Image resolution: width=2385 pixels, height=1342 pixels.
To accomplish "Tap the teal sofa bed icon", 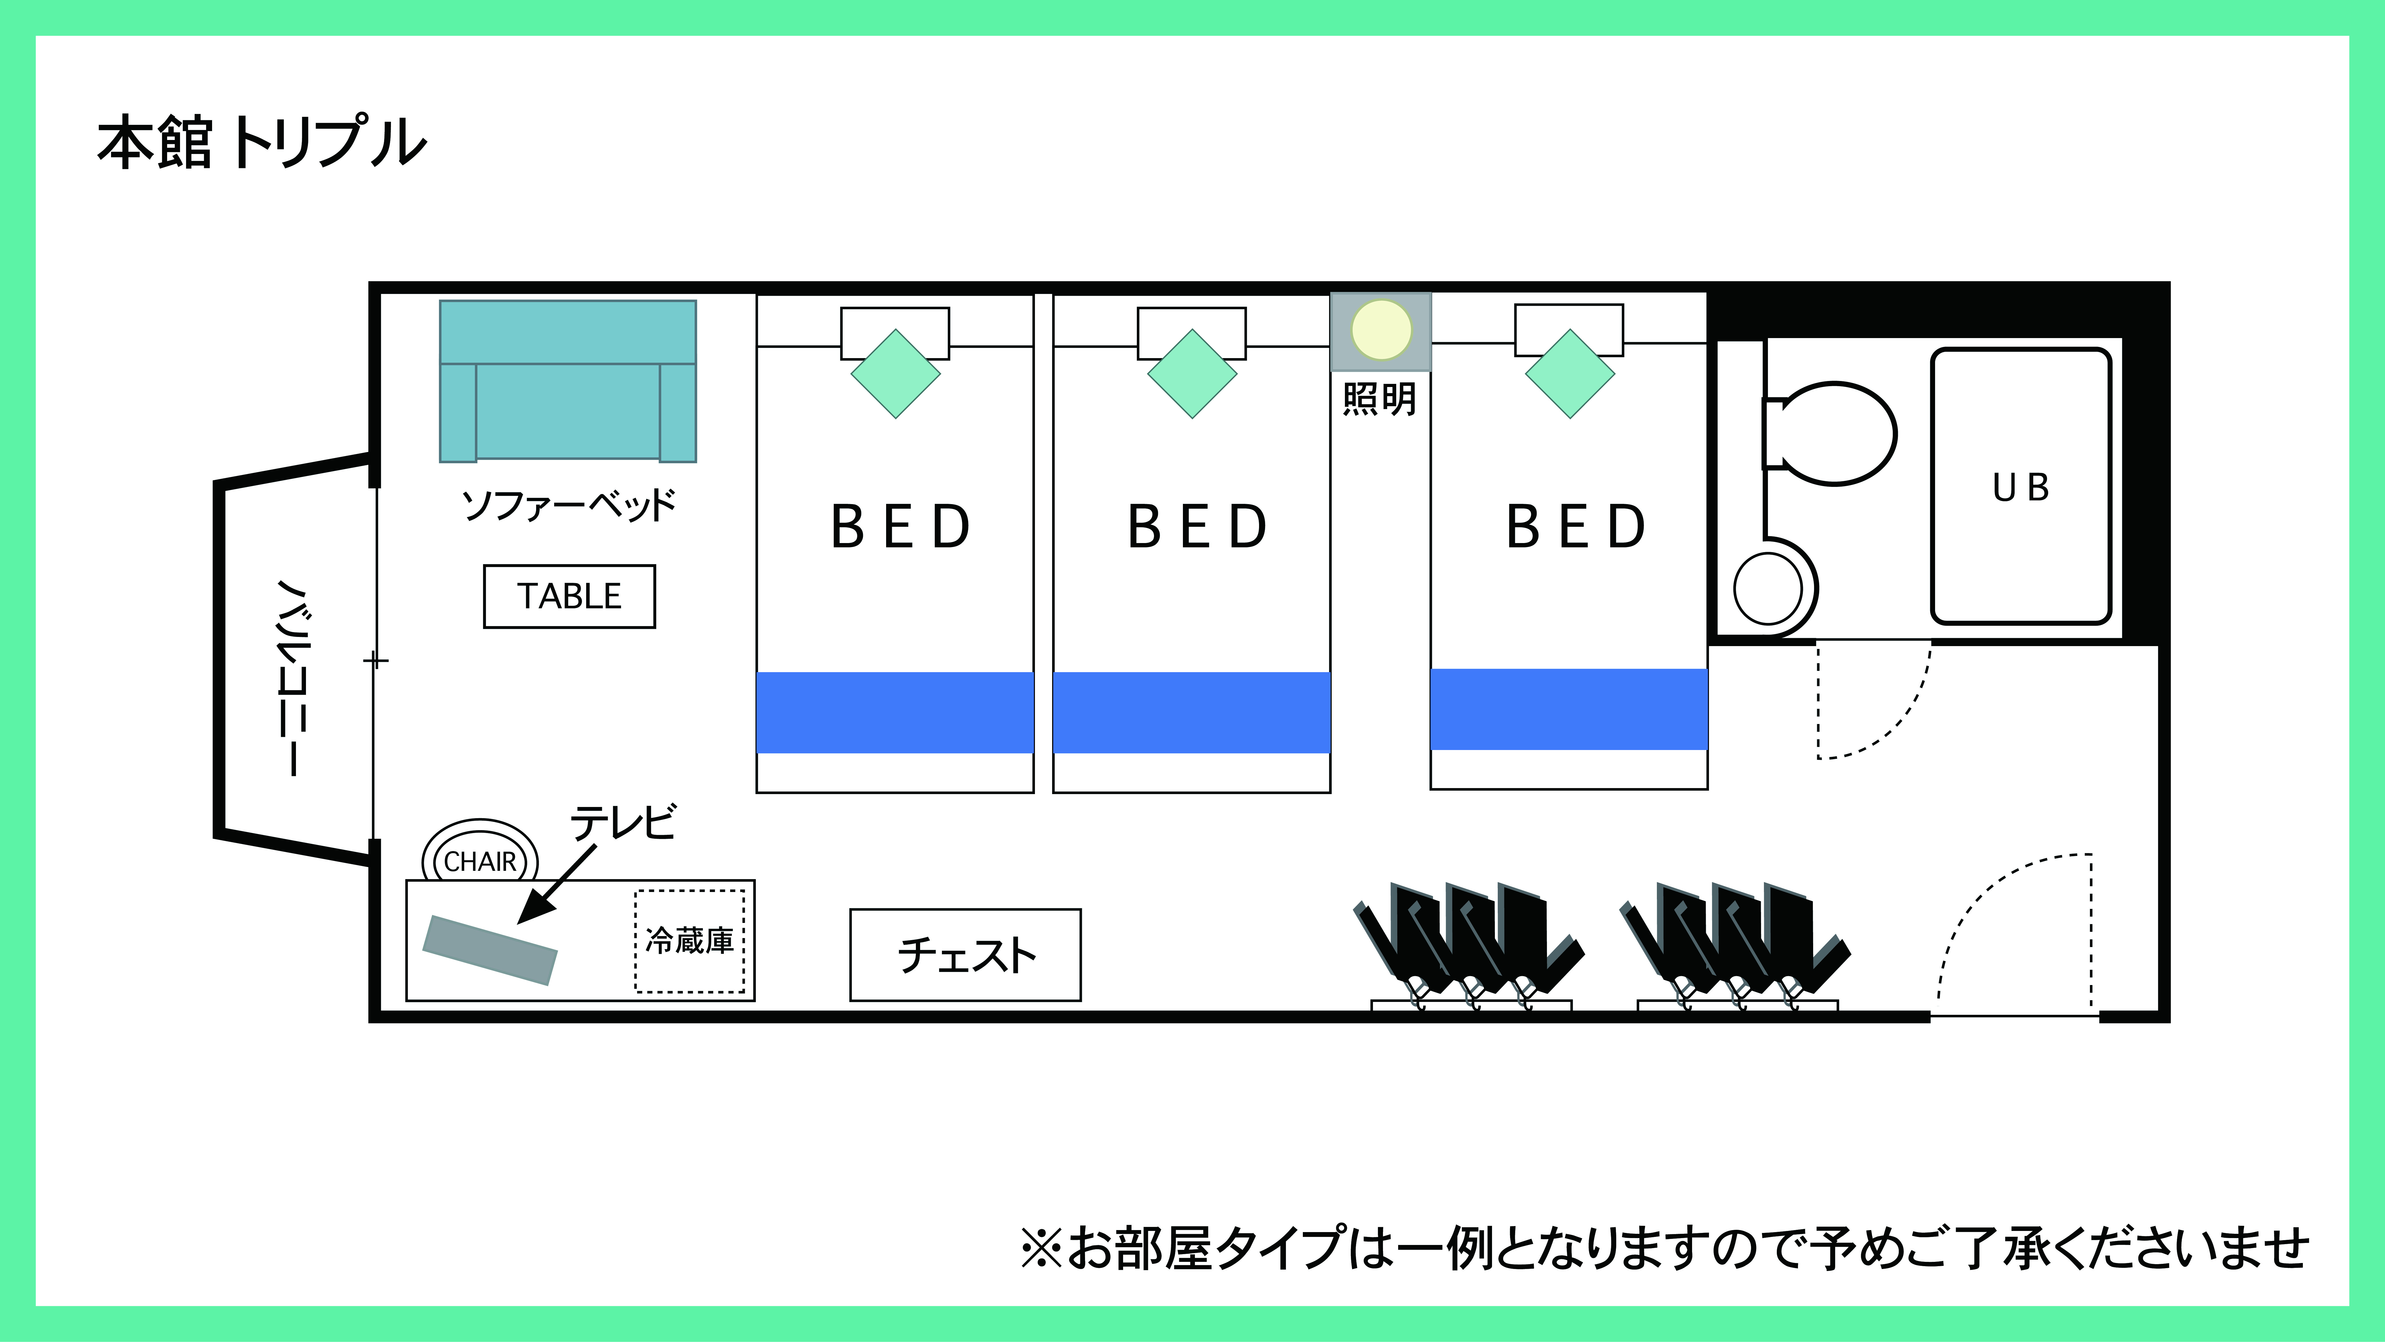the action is point(568,381).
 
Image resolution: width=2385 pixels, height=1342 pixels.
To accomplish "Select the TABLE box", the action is point(569,597).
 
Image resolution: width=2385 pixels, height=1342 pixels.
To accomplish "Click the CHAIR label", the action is point(480,861).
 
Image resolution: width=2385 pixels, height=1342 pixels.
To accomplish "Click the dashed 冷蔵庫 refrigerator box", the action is point(690,941).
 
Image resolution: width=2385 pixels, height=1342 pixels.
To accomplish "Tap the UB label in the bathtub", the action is point(2021,488).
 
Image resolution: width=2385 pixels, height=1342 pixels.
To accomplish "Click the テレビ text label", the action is point(623,822).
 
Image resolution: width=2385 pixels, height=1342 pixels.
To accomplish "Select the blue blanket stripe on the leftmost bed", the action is point(895,712).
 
